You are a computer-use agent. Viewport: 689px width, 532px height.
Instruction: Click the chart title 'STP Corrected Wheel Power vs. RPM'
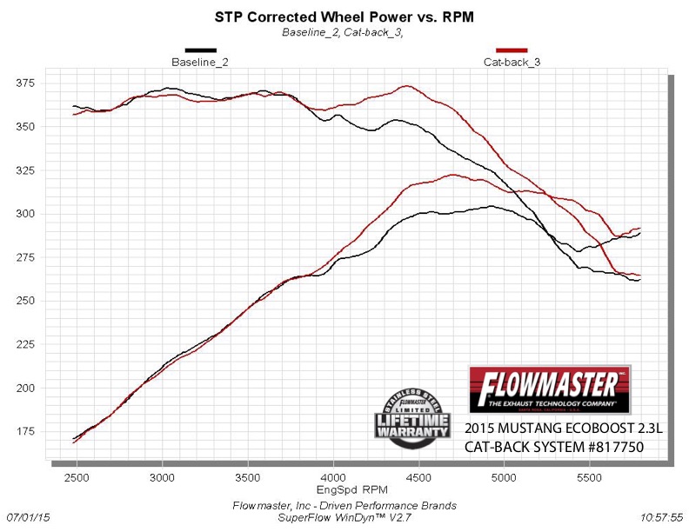pyautogui.click(x=344, y=17)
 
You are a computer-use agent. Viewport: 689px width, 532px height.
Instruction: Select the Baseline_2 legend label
pyautogui.click(x=200, y=63)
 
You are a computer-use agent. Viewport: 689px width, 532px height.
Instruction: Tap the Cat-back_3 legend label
pyautogui.click(x=512, y=63)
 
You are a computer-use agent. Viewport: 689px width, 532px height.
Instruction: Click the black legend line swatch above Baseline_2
pyautogui.click(x=200, y=51)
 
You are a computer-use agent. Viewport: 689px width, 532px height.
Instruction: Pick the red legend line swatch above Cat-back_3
pyautogui.click(x=512, y=51)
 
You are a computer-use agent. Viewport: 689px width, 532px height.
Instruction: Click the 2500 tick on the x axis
pyautogui.click(x=77, y=478)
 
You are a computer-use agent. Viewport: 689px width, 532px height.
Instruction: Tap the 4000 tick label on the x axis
pyautogui.click(x=333, y=478)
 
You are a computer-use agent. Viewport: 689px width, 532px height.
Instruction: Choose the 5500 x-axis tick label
pyautogui.click(x=590, y=478)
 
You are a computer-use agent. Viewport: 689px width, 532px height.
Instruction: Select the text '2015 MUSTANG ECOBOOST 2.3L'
pyautogui.click(x=552, y=429)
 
